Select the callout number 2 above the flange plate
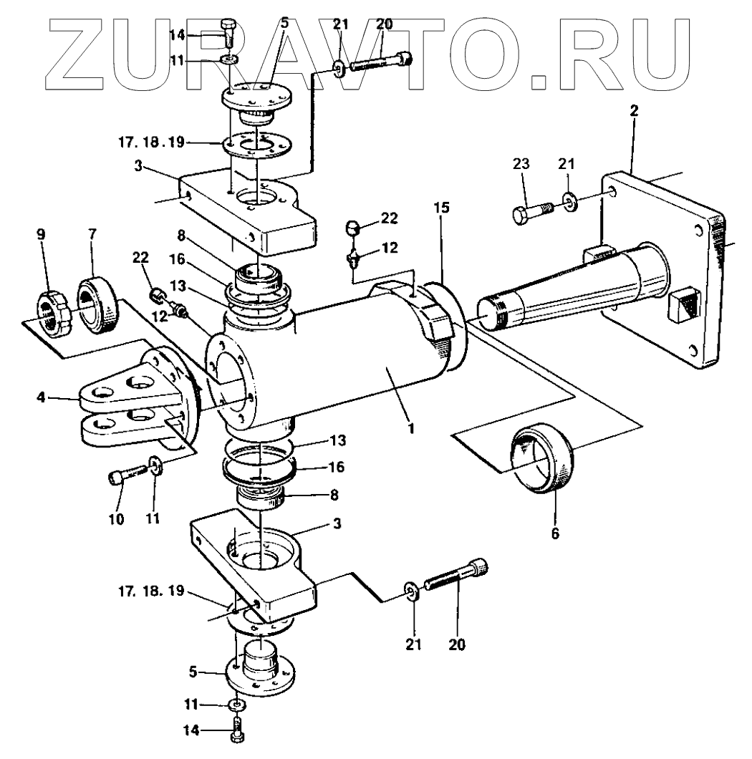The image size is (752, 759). (634, 111)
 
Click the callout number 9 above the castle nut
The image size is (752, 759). (42, 233)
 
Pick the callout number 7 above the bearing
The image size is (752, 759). (91, 233)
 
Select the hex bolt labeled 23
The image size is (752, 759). (530, 213)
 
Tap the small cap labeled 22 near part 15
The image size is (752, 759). (351, 231)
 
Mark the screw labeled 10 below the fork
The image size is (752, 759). (130, 475)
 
